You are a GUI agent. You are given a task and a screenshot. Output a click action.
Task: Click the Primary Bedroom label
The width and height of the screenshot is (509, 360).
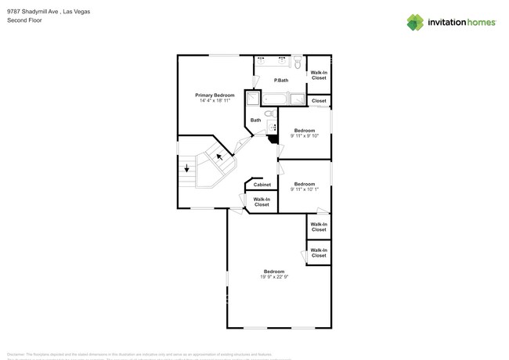(x=215, y=95)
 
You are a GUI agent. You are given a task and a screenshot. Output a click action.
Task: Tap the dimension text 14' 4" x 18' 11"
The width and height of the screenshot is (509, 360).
(x=215, y=101)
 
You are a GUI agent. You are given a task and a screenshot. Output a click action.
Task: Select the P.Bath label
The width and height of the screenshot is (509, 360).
(x=281, y=81)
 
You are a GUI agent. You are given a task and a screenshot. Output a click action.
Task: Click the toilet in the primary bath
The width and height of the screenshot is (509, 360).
(x=298, y=63)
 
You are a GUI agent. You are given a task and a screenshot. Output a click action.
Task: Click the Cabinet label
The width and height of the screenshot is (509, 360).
(x=262, y=185)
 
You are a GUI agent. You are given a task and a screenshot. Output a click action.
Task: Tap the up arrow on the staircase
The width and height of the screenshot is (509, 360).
(x=220, y=157)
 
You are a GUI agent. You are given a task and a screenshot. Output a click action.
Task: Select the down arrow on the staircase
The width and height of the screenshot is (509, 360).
(x=186, y=167)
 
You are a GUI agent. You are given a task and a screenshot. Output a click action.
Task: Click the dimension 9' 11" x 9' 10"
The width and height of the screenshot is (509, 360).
(x=304, y=135)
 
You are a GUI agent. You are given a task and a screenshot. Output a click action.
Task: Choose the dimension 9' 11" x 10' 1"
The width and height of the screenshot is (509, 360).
(x=304, y=189)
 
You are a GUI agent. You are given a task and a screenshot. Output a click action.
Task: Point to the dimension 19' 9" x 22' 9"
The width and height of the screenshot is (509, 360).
(x=274, y=277)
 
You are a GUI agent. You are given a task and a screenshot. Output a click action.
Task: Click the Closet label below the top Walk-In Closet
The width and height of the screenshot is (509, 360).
(x=319, y=101)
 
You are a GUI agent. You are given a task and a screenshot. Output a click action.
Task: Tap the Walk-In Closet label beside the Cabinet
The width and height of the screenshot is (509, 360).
(x=262, y=202)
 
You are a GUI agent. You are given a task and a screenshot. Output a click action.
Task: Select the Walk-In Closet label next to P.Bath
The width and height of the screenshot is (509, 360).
(x=319, y=76)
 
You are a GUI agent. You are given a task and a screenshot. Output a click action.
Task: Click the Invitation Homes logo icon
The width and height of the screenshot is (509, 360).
(x=414, y=22)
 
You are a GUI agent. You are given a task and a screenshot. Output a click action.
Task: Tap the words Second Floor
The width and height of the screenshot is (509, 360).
(x=23, y=20)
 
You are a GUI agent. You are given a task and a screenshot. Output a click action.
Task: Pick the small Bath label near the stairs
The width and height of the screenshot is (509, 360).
(x=256, y=121)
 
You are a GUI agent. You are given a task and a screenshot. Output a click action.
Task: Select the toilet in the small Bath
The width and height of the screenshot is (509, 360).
(x=270, y=114)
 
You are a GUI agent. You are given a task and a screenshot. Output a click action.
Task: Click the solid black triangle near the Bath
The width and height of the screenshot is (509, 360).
(x=273, y=139)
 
